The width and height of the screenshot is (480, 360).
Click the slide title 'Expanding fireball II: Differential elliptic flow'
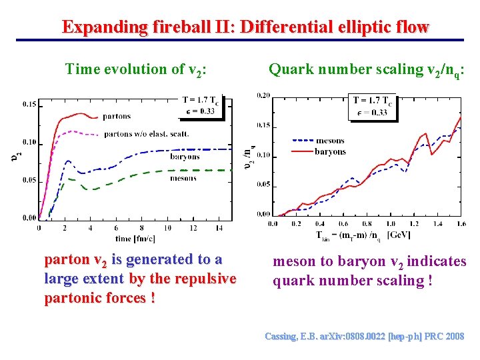pyautogui.click(x=245, y=27)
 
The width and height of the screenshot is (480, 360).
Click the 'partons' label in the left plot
pyautogui.click(x=117, y=117)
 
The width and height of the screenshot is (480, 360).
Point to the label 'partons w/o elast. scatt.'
pyautogui.click(x=146, y=134)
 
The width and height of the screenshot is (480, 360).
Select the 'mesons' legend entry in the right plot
pyautogui.click(x=330, y=141)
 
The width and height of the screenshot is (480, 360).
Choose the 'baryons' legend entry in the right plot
pyautogui.click(x=330, y=151)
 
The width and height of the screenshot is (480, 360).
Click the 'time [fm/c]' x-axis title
pyautogui.click(x=135, y=238)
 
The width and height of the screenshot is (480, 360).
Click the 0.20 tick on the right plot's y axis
pyautogui.click(x=263, y=95)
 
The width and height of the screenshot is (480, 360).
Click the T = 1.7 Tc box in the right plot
pyautogui.click(x=372, y=107)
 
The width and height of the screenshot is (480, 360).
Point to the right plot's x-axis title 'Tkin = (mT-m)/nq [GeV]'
pyautogui.click(x=363, y=235)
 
